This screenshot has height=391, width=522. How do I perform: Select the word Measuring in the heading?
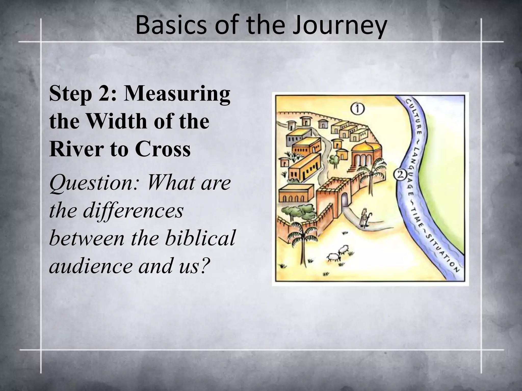pyautogui.click(x=177, y=94)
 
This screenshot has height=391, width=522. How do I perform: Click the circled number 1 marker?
pyautogui.click(x=358, y=109)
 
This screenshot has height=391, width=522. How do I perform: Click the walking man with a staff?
pyautogui.click(x=365, y=218)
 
